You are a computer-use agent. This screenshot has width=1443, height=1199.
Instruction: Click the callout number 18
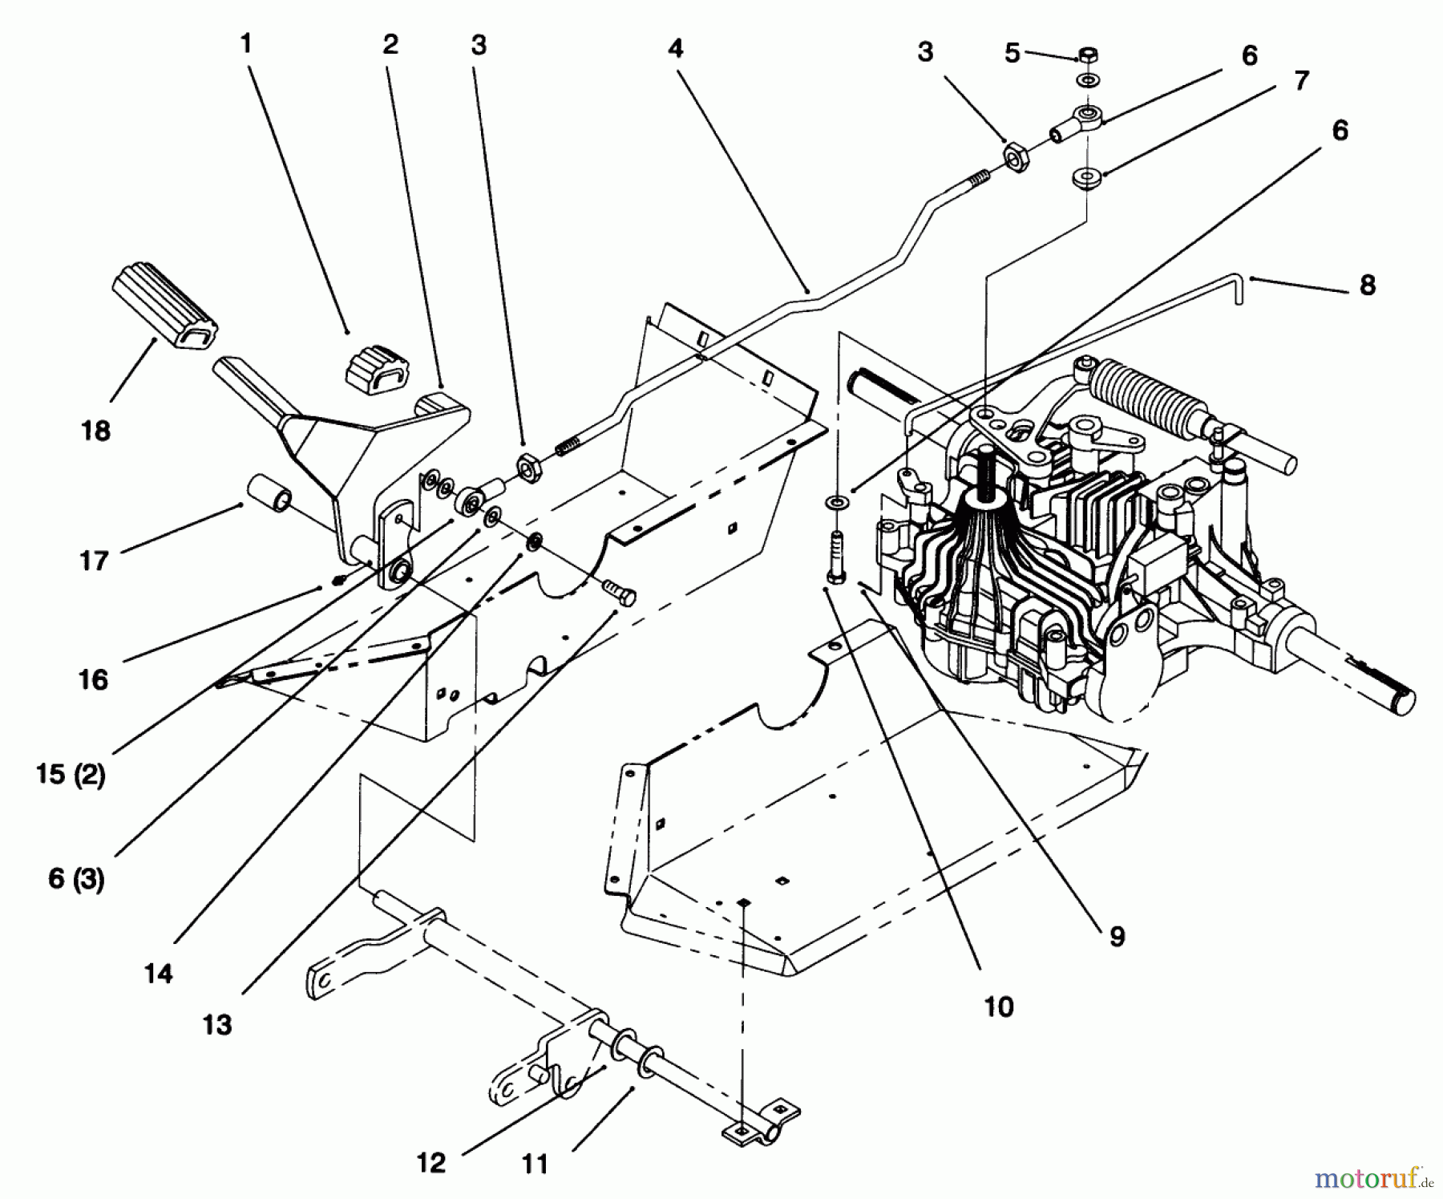point(95,431)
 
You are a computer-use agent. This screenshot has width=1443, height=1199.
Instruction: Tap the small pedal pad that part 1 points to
point(376,369)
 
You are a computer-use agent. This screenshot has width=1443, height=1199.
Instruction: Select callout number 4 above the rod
point(675,49)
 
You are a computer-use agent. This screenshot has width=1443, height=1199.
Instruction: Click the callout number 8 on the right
point(1368,285)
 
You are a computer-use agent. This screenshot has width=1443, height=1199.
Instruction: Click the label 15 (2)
point(71,775)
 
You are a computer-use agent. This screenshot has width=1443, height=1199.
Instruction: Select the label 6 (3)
point(76,879)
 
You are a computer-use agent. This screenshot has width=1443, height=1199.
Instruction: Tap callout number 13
point(216,1025)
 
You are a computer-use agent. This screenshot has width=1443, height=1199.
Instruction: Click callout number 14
point(158,974)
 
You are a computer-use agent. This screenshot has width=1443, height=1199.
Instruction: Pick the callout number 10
point(998,1007)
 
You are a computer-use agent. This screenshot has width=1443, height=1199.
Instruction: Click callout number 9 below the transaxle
point(1118,936)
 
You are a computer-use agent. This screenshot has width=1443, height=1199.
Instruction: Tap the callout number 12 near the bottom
point(430,1163)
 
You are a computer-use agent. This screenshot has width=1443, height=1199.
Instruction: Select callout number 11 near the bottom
point(535,1164)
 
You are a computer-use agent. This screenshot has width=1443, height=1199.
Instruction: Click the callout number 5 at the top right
point(1012,54)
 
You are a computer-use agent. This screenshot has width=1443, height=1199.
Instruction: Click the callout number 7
point(1301,80)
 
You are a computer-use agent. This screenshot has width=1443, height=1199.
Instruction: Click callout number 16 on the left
point(93,680)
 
